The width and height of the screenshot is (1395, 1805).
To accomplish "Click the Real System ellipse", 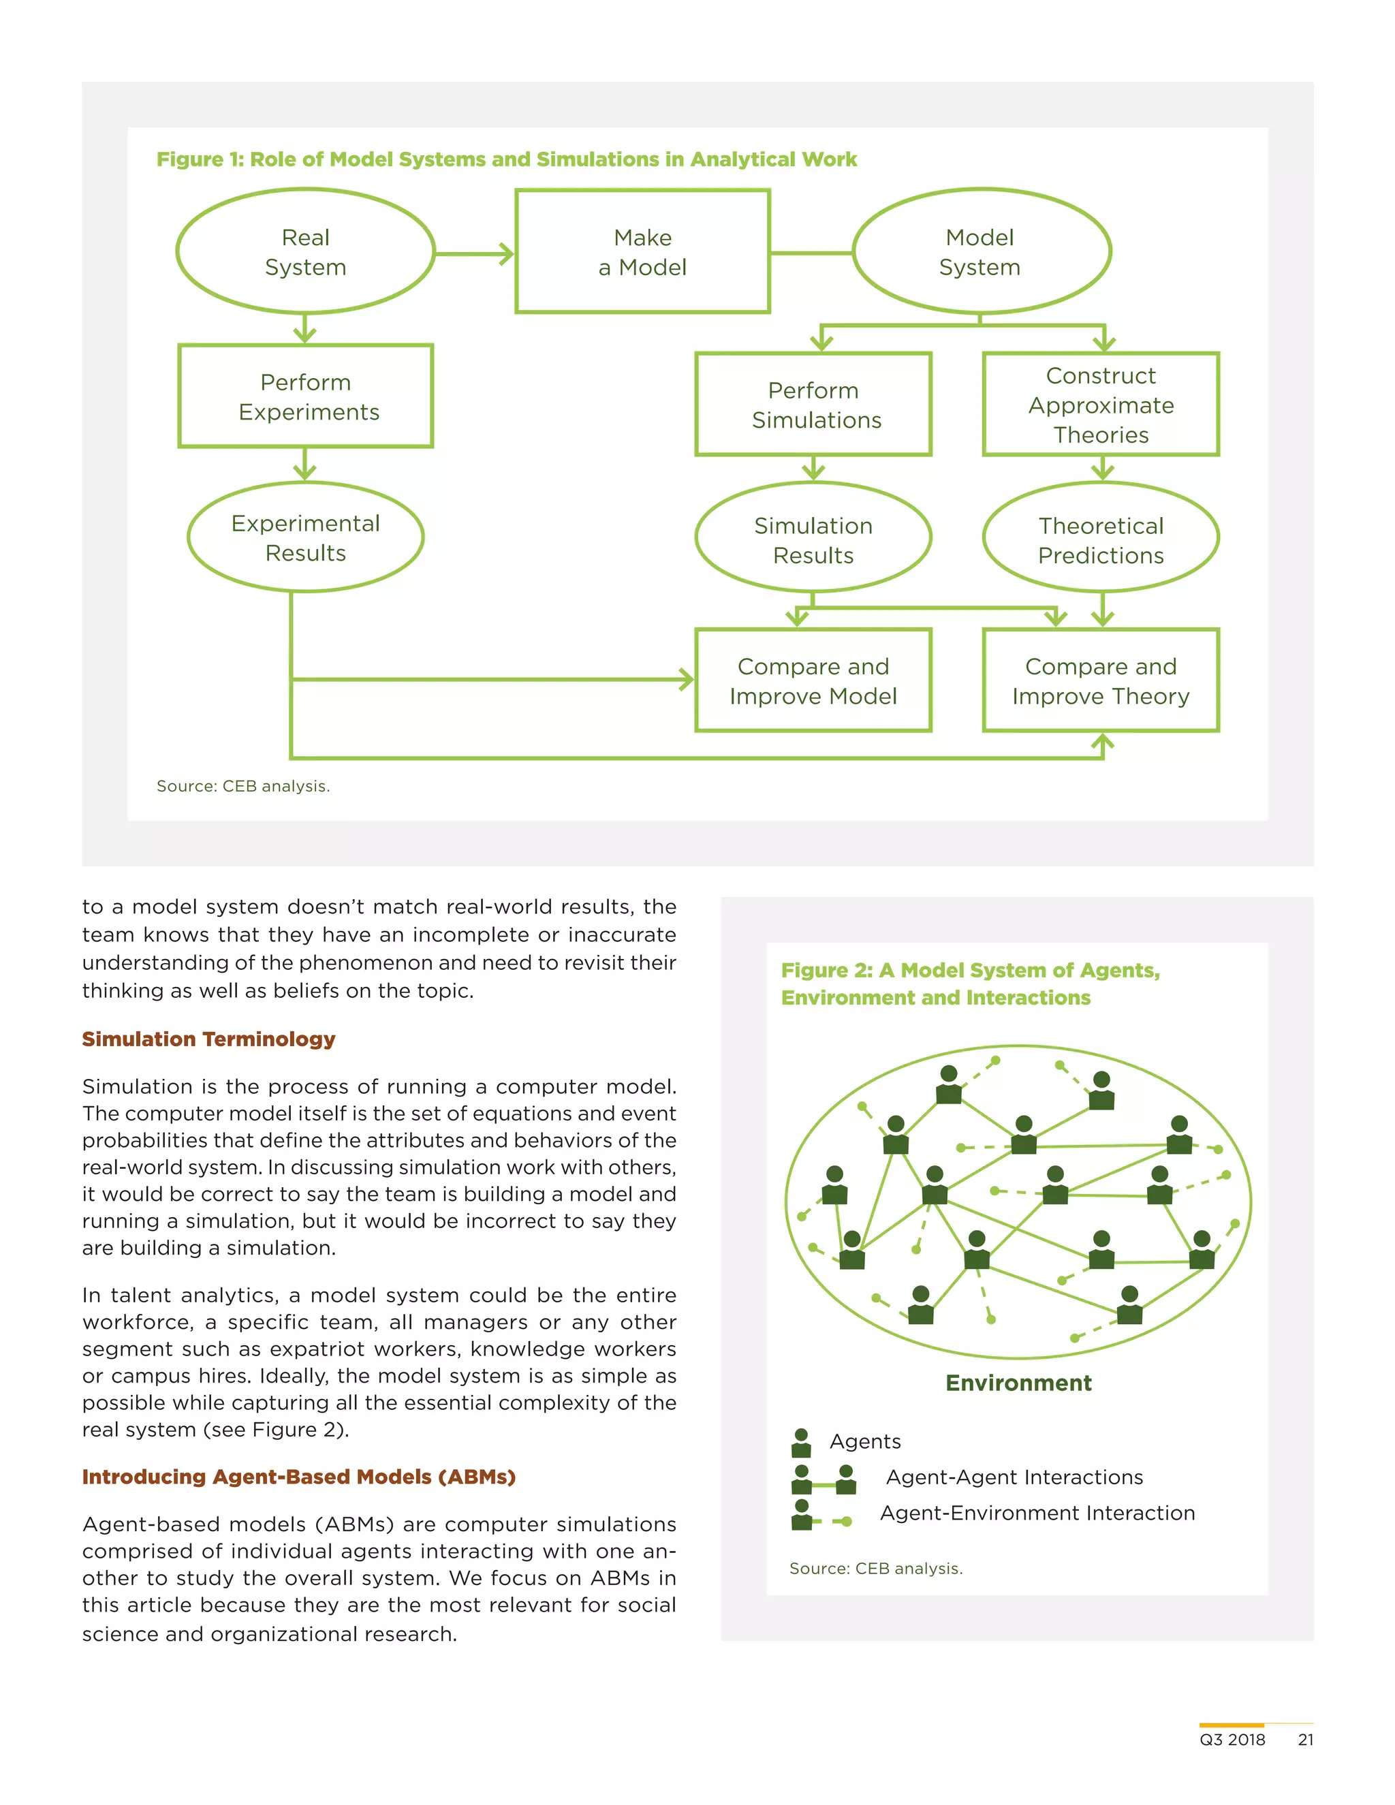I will pos(305,251).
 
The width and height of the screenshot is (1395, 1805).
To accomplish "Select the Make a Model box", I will pos(642,251).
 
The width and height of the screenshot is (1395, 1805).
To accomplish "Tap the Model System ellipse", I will pos(980,251).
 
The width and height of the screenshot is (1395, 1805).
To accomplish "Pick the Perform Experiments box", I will pos(305,396).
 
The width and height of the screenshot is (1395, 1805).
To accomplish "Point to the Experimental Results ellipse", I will pos(305,537).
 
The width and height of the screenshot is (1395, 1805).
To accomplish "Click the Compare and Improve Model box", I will pos(813,680).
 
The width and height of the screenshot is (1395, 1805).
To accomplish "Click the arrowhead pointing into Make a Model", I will pos(504,254).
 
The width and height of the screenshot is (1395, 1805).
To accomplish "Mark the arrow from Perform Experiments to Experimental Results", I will pos(305,465).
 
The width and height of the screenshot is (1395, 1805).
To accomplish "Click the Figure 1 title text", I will pos(506,159).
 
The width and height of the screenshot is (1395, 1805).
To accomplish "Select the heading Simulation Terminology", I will pos(208,1039).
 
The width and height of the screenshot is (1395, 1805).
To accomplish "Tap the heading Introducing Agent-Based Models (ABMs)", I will pos(298,1476).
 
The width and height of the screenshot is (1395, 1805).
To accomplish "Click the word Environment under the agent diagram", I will pos(1018,1383).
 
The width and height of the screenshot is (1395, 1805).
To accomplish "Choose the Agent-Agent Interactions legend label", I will pos(1014,1477).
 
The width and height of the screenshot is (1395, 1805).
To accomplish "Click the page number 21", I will pos(1305,1739).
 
